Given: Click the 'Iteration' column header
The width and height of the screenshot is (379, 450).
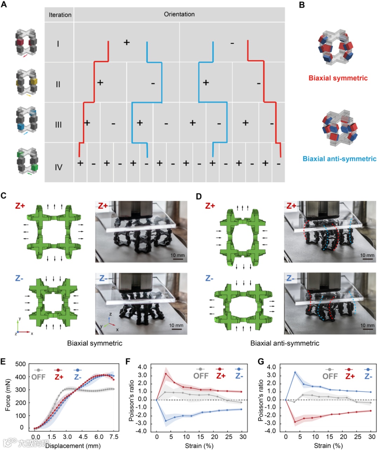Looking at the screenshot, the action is [60, 15].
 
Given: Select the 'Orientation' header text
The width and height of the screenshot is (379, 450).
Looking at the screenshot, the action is [179, 14].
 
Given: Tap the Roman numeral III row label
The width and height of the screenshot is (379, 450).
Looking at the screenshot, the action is [58, 125].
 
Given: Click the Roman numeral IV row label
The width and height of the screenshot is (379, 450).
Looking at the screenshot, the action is [58, 167].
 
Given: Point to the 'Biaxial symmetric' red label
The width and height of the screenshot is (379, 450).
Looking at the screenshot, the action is [338, 78].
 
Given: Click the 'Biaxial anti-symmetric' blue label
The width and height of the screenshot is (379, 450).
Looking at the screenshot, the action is [339, 159].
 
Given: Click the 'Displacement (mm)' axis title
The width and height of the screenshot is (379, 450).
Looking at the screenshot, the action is [73, 446].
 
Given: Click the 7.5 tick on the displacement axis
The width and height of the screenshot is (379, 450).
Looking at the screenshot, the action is [114, 437].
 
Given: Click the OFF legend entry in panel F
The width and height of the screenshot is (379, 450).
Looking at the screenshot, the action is [201, 376].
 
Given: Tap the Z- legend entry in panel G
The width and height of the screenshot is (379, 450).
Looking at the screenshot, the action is [368, 376].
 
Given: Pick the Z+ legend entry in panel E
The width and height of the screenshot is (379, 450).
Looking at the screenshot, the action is [59, 377].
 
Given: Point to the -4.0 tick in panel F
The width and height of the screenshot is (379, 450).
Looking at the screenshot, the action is [142, 431].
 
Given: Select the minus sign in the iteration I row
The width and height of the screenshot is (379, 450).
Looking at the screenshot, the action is [232, 43].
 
